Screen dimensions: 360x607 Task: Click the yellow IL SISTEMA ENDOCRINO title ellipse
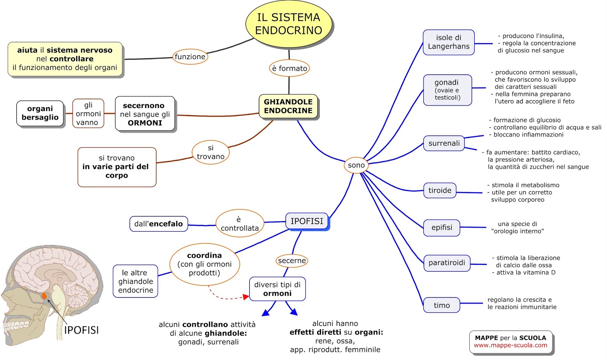289,24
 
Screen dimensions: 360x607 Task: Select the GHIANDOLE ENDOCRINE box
288,106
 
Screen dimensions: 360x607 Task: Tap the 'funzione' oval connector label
190,57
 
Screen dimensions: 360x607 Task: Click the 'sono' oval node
356,165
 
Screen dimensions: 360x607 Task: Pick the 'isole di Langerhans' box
448,42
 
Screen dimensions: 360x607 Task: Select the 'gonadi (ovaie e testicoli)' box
447,90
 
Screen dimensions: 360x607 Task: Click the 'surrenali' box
444,143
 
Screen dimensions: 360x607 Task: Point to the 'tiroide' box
440,190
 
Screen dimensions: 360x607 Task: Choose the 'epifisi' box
442,228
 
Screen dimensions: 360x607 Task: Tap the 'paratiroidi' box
447,263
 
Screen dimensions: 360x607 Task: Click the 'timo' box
442,305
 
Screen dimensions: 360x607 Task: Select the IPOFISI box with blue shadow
307,221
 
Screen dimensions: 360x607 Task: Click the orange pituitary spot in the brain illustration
44,296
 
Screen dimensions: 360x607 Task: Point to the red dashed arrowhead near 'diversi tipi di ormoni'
246,297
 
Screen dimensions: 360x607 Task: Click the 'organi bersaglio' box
40,113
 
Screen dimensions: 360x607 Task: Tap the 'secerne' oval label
292,261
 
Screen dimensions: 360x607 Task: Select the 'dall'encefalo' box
159,224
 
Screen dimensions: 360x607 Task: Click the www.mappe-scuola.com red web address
510,345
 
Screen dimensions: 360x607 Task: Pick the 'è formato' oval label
289,68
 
